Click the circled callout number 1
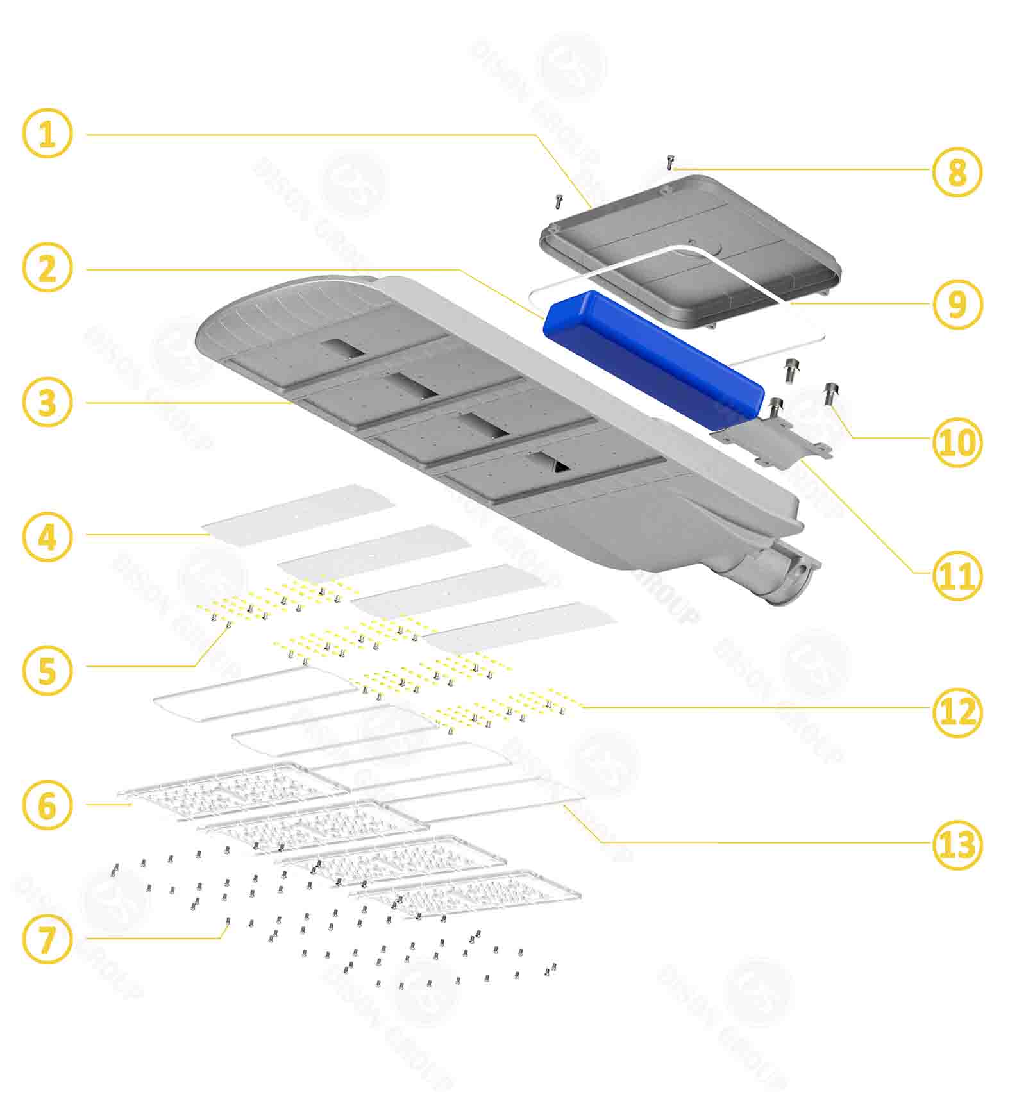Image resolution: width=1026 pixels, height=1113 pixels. [47, 134]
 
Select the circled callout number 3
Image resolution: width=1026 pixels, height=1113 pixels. [47, 403]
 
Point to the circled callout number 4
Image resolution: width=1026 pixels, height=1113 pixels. [47, 537]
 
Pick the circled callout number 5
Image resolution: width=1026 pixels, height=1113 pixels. [47, 671]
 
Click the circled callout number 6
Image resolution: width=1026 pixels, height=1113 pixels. [47, 805]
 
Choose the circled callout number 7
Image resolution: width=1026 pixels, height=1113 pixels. [47, 940]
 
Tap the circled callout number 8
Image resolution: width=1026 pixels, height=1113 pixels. [956, 172]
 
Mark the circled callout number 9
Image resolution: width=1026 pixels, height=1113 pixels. [956, 304]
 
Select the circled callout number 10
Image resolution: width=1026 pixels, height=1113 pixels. [956, 442]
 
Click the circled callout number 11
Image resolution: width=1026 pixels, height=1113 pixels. [956, 575]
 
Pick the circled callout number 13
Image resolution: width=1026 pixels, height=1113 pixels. [956, 845]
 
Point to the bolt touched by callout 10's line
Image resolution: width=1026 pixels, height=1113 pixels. [831, 392]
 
